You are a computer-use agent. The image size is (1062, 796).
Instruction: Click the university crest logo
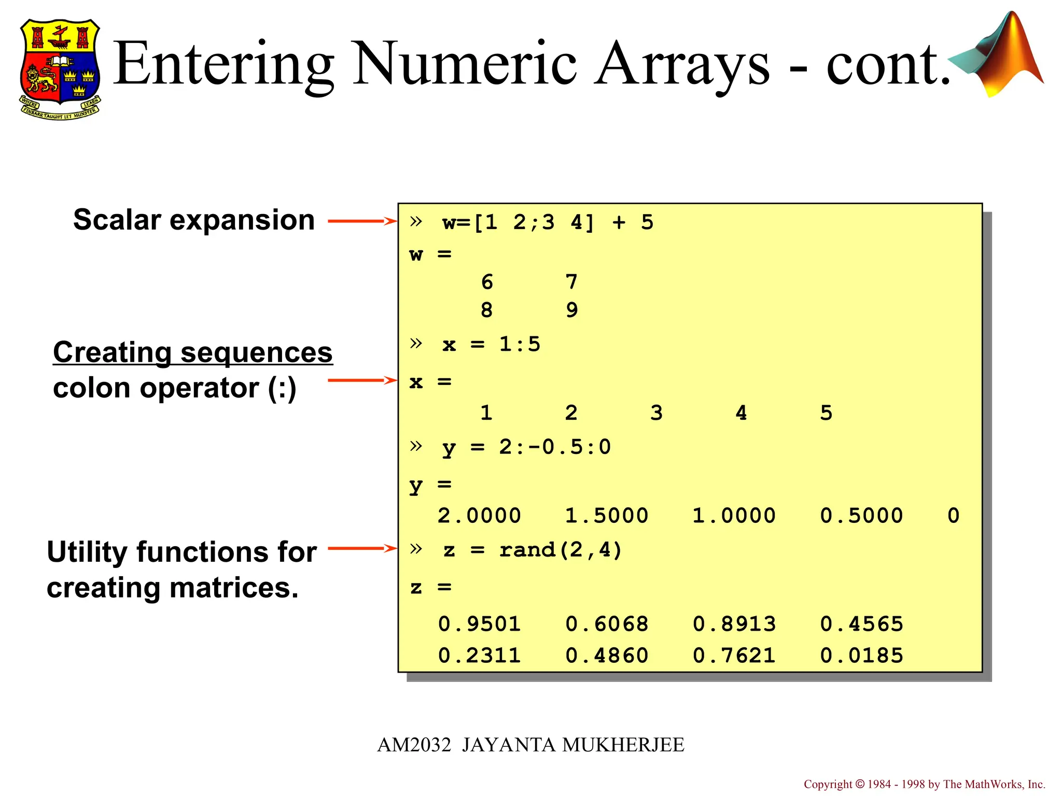[x=60, y=69]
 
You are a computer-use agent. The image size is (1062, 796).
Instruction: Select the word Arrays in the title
[x=681, y=64]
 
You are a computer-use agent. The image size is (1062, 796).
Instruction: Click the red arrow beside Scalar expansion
[x=362, y=221]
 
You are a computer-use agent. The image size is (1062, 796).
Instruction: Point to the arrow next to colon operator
[x=362, y=380]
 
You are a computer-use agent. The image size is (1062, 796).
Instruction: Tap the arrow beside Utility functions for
[x=362, y=548]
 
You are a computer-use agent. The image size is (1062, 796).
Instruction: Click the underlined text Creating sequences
[x=192, y=353]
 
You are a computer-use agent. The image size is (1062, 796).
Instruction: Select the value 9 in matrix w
[x=571, y=310]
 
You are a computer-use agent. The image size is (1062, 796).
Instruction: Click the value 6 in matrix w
[x=486, y=282]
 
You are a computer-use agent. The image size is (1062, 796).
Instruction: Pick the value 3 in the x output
[x=656, y=413]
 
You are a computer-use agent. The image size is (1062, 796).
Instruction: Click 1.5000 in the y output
[x=606, y=516]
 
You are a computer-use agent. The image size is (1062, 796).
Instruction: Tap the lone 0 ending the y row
[x=953, y=516]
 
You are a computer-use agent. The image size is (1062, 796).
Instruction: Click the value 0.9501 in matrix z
[x=479, y=624]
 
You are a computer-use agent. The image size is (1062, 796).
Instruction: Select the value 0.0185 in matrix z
[x=861, y=656]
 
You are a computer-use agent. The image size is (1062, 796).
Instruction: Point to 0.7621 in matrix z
[x=734, y=656]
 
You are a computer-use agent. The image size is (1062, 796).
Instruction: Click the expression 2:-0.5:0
[x=555, y=447]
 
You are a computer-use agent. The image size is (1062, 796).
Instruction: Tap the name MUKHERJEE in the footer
[x=623, y=745]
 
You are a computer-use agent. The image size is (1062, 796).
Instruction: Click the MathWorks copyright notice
[x=924, y=784]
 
